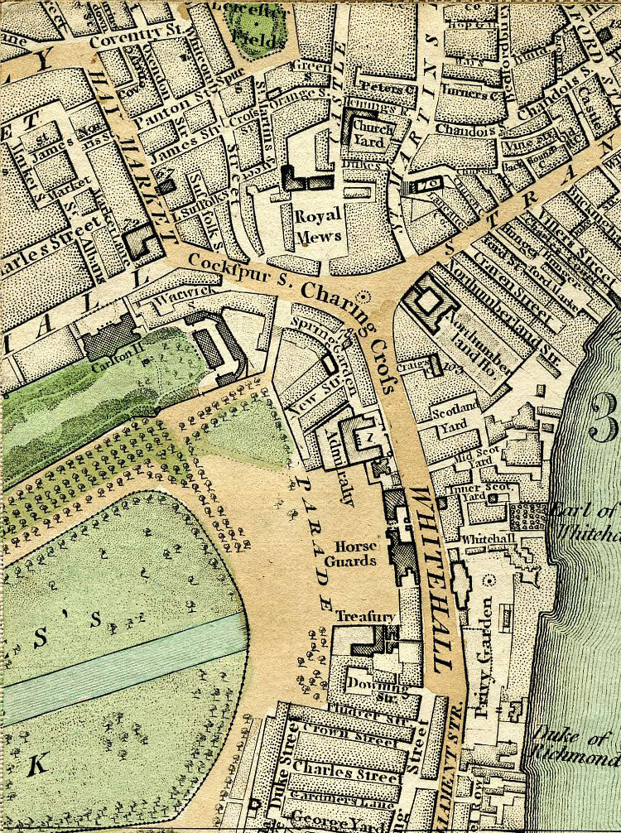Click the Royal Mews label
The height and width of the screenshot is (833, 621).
(x=318, y=224)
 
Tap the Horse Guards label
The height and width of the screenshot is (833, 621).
(x=356, y=553)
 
